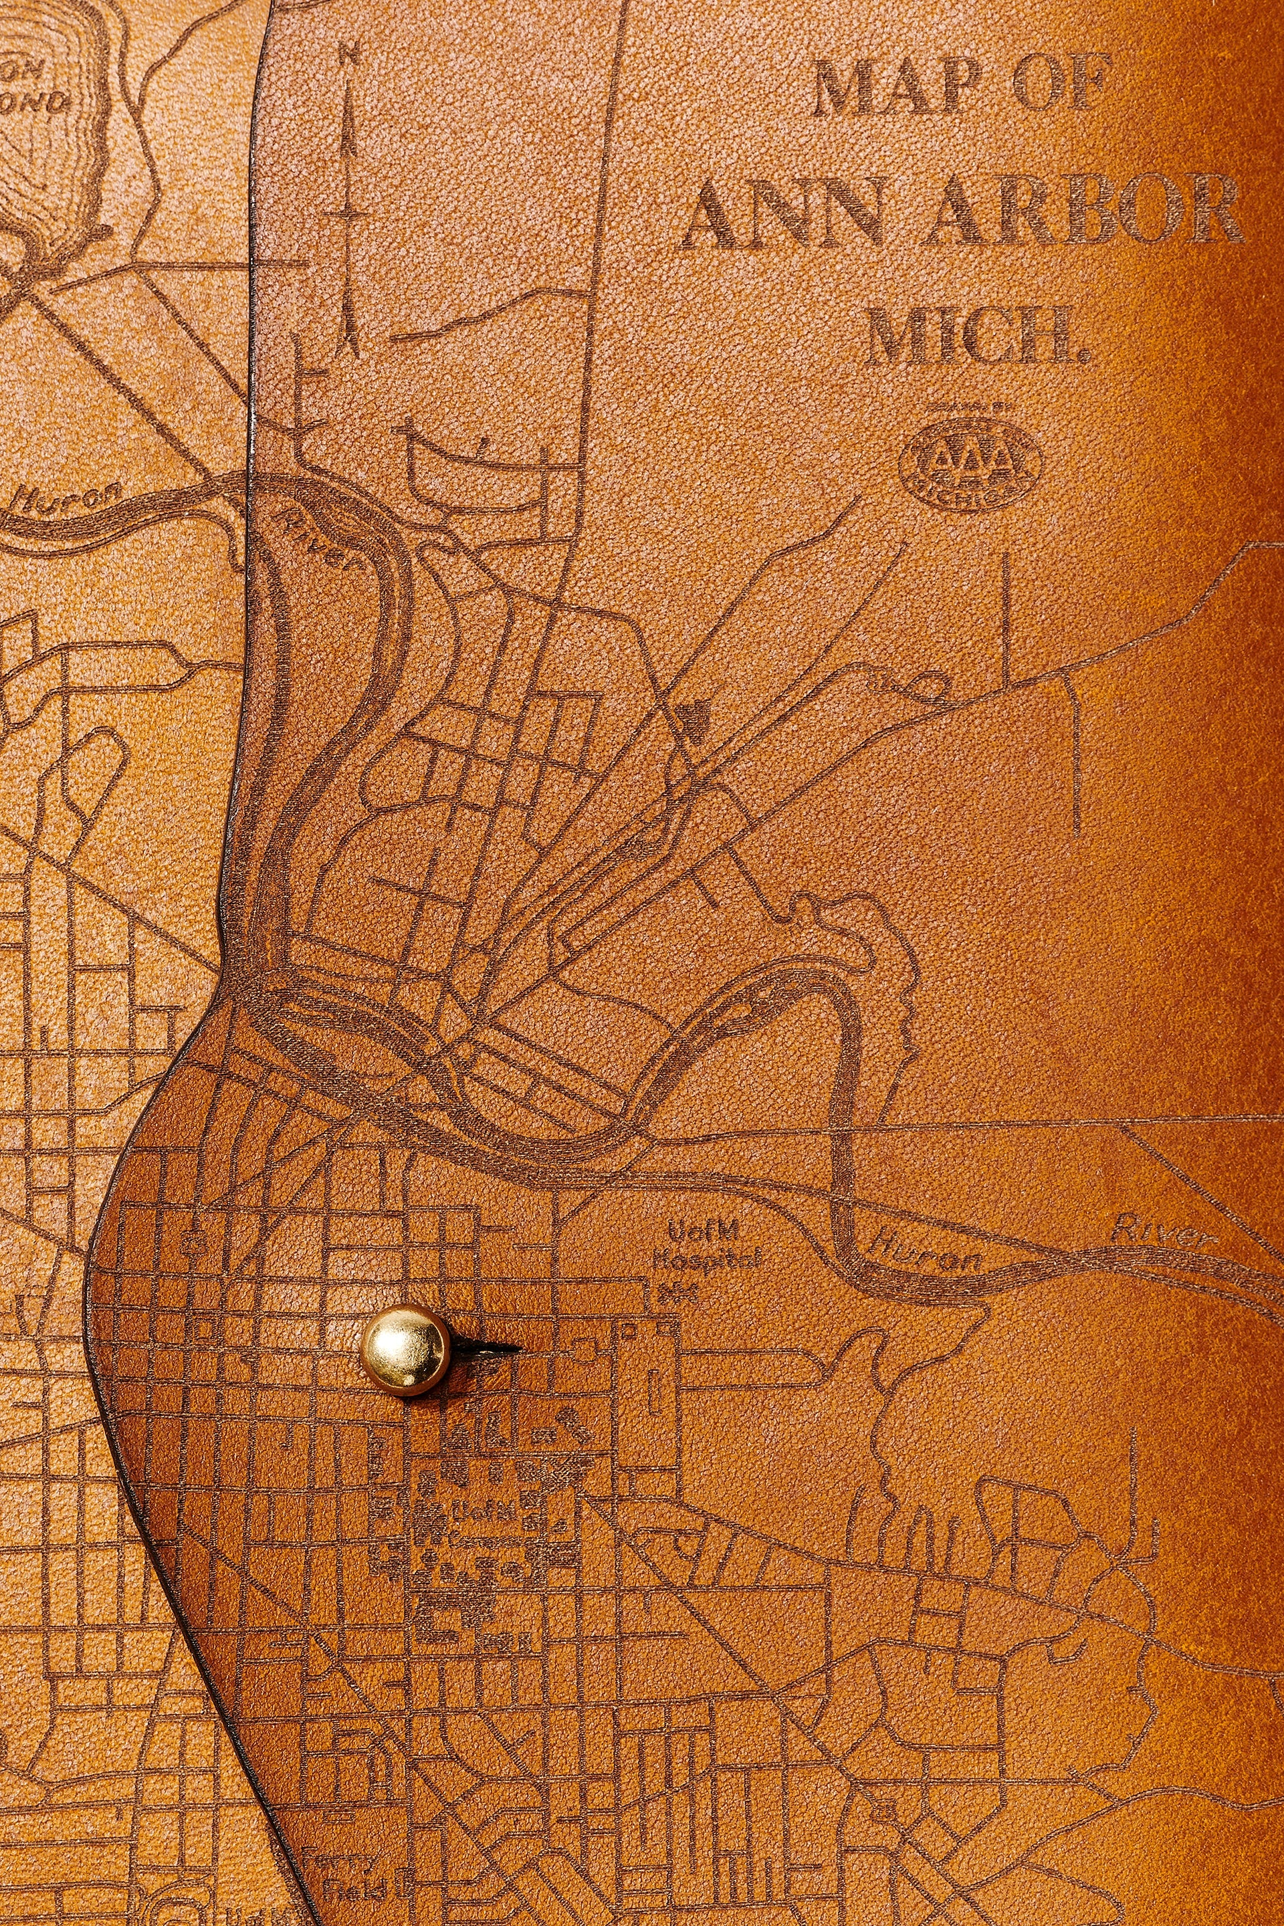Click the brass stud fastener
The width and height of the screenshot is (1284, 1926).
tap(405, 1347)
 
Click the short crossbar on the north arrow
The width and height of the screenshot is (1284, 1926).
tap(353, 215)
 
